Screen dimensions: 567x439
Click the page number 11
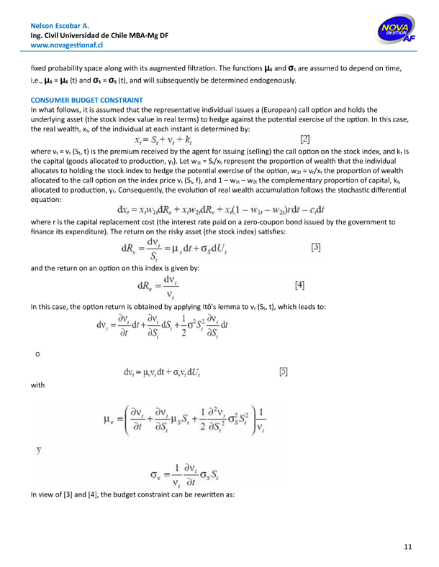(408, 548)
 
